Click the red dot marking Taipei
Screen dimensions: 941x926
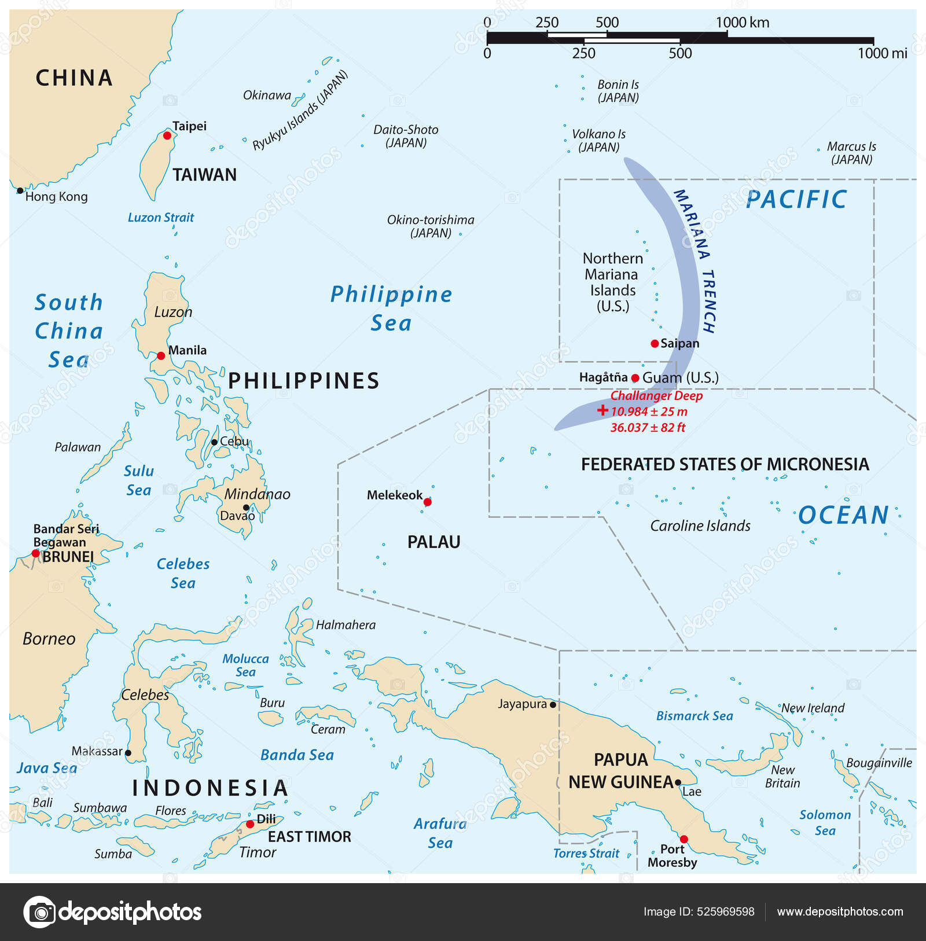167,135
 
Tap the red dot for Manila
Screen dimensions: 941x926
161,355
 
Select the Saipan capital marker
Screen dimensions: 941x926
655,344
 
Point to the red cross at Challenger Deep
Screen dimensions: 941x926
602,410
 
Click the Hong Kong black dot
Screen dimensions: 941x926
20,190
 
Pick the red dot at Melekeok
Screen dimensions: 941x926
427,502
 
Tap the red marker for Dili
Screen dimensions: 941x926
250,824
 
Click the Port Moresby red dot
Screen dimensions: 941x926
684,839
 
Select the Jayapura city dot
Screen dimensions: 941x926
553,705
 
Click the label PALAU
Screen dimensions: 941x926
433,542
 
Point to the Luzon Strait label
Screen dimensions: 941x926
161,218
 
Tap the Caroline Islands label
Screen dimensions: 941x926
700,526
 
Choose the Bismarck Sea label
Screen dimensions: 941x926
694,716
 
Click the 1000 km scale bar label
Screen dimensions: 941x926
743,23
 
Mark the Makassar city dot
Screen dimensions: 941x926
128,753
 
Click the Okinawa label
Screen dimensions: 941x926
267,95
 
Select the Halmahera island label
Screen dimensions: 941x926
346,625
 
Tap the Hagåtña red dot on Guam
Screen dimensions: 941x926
635,378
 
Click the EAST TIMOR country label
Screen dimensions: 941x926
309,837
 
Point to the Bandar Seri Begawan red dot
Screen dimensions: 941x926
35,553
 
